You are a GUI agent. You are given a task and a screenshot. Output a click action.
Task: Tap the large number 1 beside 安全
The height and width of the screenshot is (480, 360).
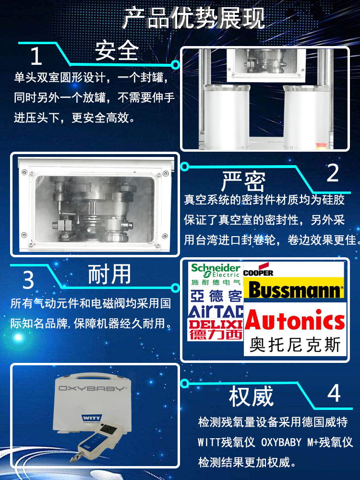point(36,56)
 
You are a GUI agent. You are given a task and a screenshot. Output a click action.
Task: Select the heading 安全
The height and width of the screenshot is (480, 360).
point(117,50)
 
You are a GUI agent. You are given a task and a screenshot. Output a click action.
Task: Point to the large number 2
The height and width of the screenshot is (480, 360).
point(333,173)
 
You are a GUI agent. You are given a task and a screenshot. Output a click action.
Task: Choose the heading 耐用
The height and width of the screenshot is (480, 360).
point(109,274)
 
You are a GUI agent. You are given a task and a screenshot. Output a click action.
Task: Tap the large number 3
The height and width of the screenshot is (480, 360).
point(28,280)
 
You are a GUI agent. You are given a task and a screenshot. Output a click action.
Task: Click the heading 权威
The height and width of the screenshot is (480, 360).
point(251,396)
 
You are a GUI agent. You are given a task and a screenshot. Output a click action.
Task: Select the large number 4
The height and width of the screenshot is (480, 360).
point(334,393)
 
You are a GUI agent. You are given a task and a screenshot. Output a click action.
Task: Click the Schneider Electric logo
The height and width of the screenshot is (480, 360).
point(216,274)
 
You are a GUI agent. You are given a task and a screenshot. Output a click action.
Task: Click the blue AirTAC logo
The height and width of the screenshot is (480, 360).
point(216,311)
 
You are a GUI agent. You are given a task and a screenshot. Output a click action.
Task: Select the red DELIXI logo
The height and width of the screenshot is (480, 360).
point(216,329)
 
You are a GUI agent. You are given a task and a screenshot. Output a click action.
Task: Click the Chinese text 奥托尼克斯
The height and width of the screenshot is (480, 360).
point(295,345)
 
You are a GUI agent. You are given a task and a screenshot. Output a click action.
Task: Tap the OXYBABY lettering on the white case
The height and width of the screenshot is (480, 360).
point(92,388)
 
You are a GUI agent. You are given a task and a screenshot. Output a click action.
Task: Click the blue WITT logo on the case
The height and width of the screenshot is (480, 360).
point(91,418)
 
